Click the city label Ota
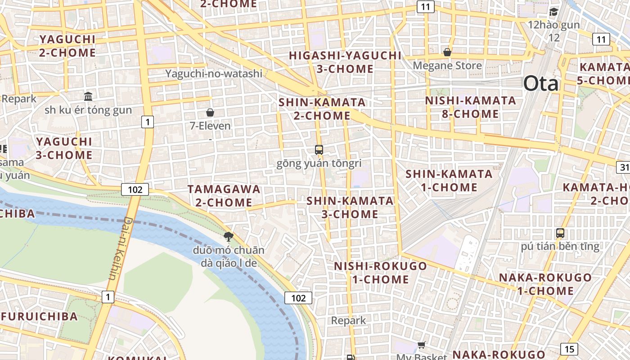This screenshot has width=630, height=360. coord(540,84)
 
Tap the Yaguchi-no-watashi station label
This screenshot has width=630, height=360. coord(213,73)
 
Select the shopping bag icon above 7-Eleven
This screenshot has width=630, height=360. coord(210,112)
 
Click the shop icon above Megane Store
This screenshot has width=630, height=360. coord(447,53)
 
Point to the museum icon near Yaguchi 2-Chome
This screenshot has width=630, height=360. coord(88,96)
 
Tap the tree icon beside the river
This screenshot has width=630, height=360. coord(229,236)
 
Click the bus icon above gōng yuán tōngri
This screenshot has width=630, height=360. coord(319,150)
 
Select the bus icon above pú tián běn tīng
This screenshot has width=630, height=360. coord(560,233)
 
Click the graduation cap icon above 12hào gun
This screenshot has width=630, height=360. coord(553,12)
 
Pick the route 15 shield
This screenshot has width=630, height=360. coord(569,349)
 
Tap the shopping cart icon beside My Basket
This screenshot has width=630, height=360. coord(421,345)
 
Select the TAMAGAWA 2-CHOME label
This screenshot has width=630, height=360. coord(224,196)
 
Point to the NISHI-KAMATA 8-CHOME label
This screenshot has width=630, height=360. coord(470,107)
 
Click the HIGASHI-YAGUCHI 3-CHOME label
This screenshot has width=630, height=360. coord(345,62)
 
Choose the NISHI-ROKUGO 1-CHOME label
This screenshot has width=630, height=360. coord(380,273)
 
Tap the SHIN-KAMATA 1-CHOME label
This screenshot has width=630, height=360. coord(449,180)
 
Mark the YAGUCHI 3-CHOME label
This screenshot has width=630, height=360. coord(64,148)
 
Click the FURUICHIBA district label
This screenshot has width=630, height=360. coord(39,316)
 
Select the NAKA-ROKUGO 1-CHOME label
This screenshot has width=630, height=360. coord(545,284)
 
